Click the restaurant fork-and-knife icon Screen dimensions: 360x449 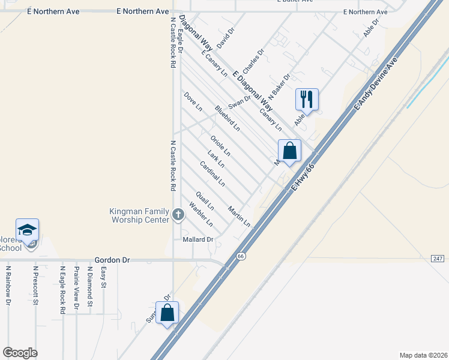pyautogui.click(x=307, y=99)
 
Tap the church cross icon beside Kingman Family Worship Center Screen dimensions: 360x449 pyautogui.click(x=178, y=214)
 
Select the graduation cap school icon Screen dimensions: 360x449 pyautogui.click(x=27, y=230)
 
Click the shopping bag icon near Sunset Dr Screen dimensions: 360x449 pyautogui.click(x=167, y=312)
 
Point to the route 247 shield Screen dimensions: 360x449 pyautogui.click(x=437, y=258)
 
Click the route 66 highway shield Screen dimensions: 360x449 pyautogui.click(x=241, y=256)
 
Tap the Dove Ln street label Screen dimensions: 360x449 pyautogui.click(x=193, y=101)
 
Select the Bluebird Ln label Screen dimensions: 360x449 pyautogui.click(x=228, y=119)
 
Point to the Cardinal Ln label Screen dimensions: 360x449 pyautogui.click(x=212, y=173)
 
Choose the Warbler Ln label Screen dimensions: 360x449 pyautogui.click(x=200, y=215)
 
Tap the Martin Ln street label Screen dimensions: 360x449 pyautogui.click(x=239, y=216)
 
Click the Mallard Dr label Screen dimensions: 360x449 pyautogui.click(x=198, y=239)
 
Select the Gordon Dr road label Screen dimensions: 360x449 pyautogui.click(x=112, y=260)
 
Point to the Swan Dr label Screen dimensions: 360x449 pyautogui.click(x=239, y=103)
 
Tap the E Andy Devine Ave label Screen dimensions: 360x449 pyautogui.click(x=376, y=83)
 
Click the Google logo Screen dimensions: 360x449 pyautogui.click(x=20, y=353)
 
